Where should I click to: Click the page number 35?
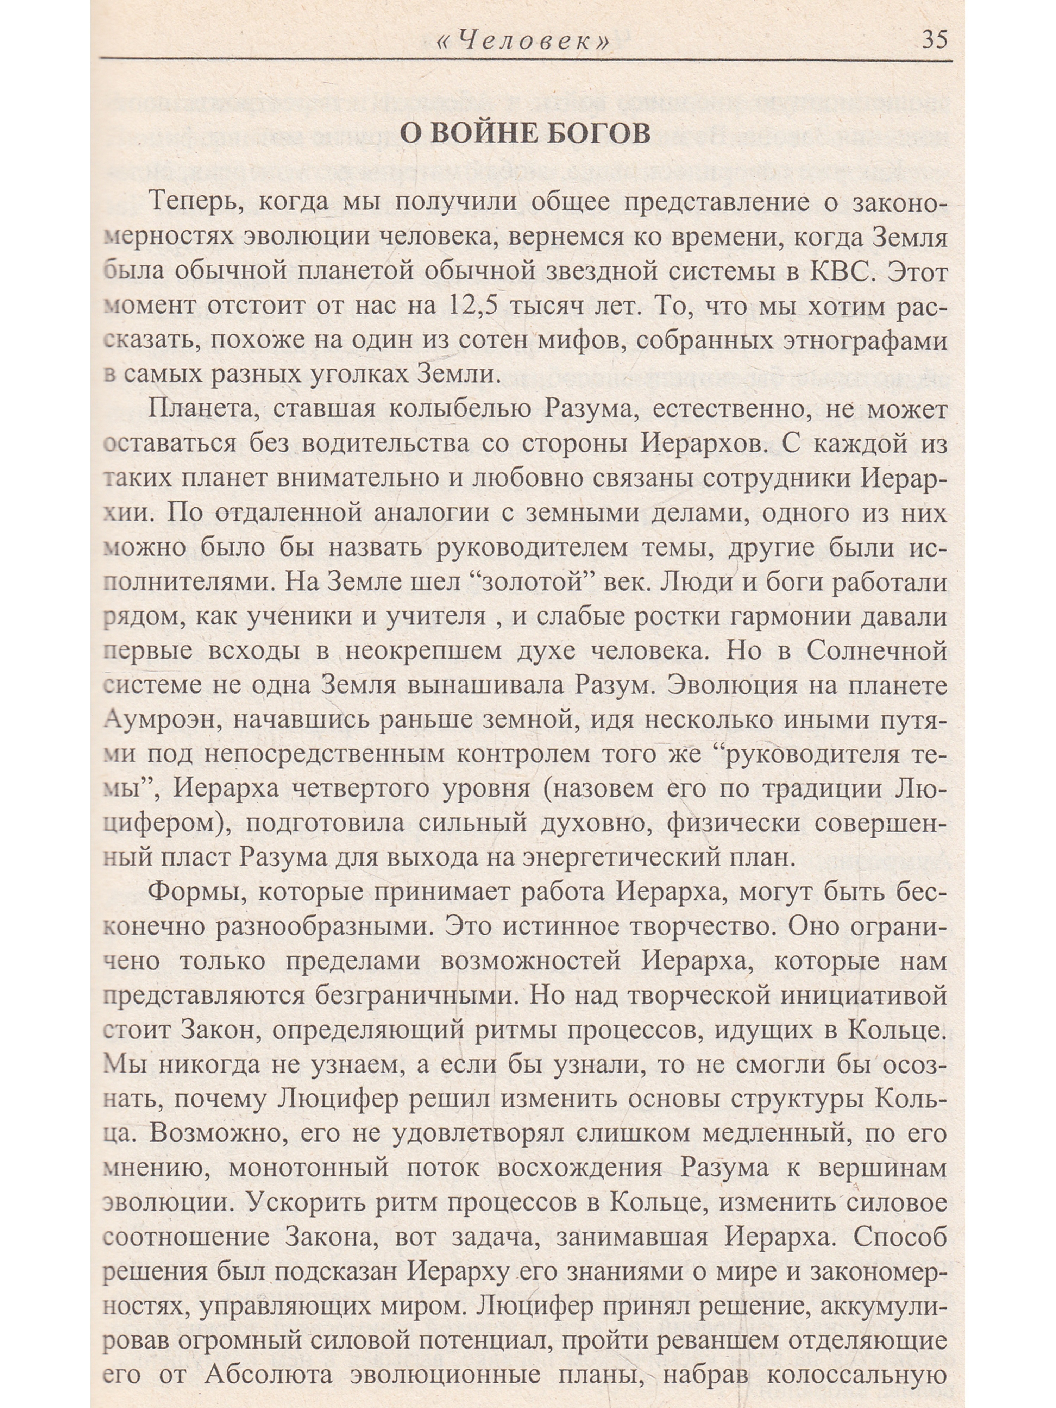pos(934,39)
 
